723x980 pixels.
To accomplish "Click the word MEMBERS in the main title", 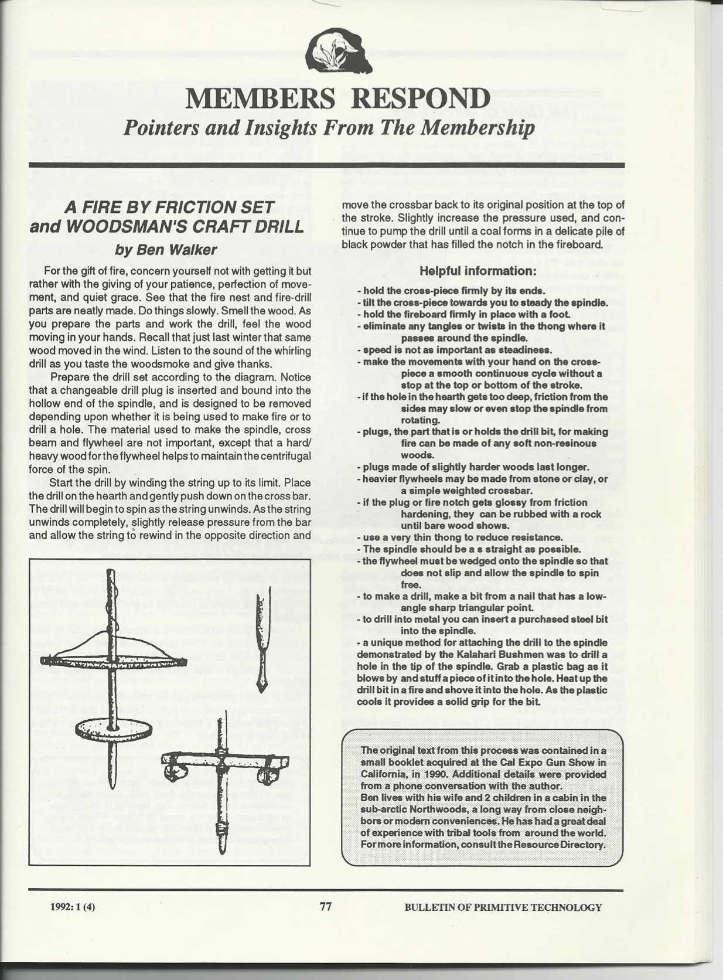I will coord(260,99).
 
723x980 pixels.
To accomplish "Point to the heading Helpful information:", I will coord(478,271).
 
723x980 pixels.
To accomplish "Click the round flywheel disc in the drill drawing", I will coord(114,729).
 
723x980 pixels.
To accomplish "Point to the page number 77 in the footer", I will coord(326,907).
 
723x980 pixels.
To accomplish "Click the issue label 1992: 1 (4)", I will coord(73,907).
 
